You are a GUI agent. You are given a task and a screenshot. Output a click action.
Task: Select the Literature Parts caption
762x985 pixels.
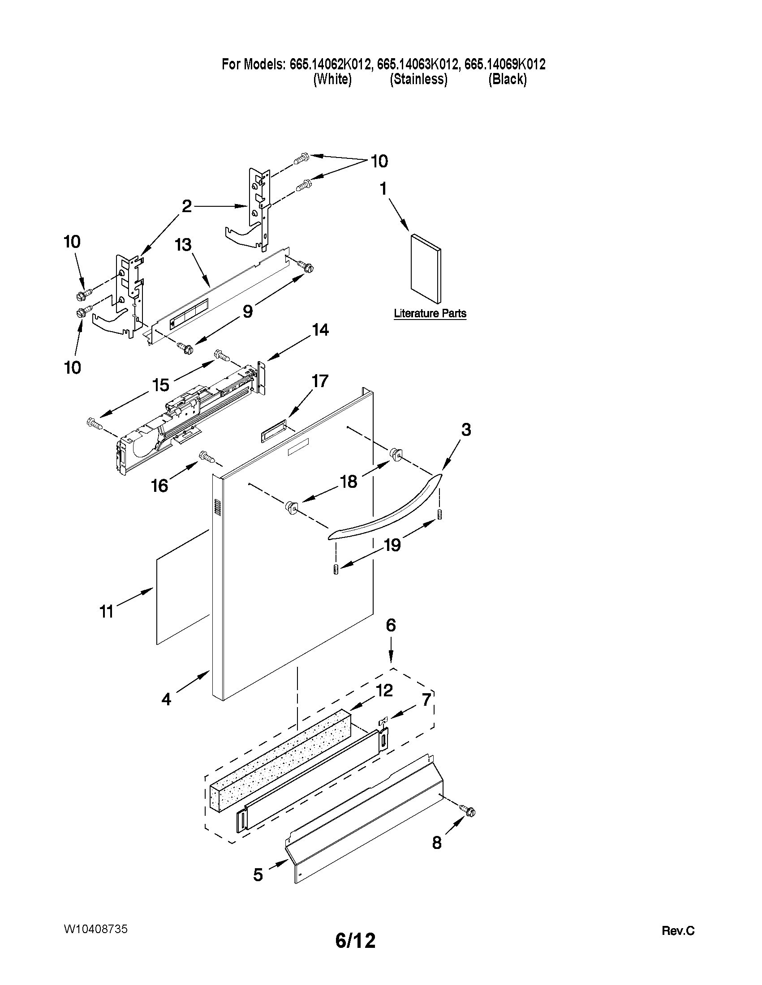point(430,313)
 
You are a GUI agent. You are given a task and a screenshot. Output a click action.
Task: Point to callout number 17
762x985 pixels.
point(320,381)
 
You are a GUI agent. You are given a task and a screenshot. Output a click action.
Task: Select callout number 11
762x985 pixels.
point(106,612)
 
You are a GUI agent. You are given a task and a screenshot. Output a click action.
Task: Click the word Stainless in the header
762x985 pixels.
point(418,79)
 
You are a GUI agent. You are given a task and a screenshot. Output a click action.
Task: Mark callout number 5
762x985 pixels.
point(258,874)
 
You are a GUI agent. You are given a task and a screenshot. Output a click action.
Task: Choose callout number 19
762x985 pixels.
point(392,545)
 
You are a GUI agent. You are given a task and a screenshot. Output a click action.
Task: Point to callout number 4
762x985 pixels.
point(166,699)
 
